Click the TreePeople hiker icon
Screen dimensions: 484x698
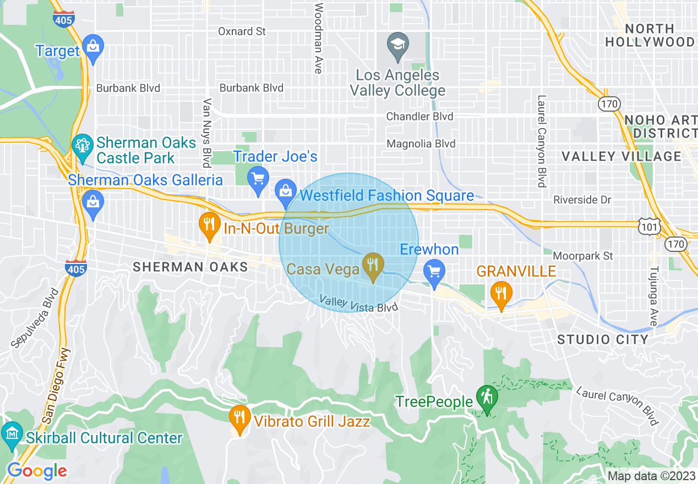[487, 398]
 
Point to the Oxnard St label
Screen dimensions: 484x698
[242, 31]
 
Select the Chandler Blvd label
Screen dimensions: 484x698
[419, 117]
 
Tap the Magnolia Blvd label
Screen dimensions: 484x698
[421, 144]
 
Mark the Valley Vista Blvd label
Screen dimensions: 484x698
[359, 304]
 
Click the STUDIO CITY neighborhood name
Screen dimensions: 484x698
[603, 339]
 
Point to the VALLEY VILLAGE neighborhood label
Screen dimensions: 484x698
[621, 157]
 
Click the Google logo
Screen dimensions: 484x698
[37, 471]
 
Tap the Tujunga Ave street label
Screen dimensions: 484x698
[653, 296]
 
